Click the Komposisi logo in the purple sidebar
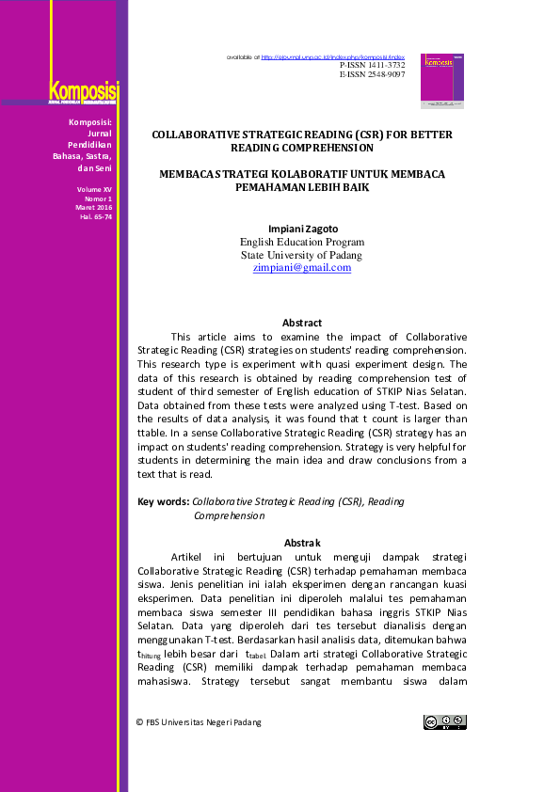tap(84, 93)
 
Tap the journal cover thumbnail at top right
tap(442, 81)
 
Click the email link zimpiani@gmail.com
tap(302, 268)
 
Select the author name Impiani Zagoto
tap(302, 229)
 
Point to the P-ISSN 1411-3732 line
tap(372, 65)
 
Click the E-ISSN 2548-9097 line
tap(372, 74)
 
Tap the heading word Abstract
tap(302, 323)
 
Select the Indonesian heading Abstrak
tap(302, 543)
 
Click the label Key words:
tap(163, 502)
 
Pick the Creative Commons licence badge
tap(444, 722)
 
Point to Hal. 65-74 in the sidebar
tap(96, 217)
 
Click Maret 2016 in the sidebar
tap(95, 208)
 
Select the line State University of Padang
tap(302, 255)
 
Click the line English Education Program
tap(302, 242)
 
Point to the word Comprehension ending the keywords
tap(229, 515)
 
